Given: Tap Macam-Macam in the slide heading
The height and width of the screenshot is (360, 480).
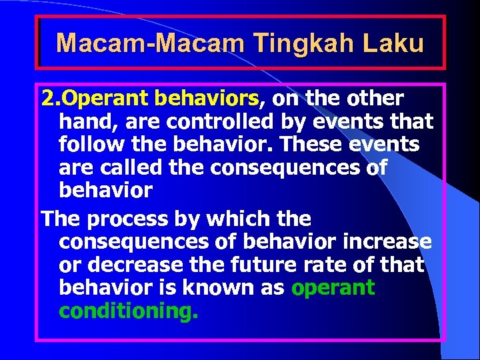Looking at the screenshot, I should pos(151,43).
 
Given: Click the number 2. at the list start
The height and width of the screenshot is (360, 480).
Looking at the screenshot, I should pos(50,99).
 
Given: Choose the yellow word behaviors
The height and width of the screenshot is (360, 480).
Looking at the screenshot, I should pos(206,99).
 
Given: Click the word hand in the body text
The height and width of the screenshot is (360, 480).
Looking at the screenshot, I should pos(83,122).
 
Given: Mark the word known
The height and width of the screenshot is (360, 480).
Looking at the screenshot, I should pos(220,287).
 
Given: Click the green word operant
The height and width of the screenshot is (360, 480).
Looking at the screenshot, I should pos(333,288).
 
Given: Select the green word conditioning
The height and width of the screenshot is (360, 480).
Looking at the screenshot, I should pos(128,311).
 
